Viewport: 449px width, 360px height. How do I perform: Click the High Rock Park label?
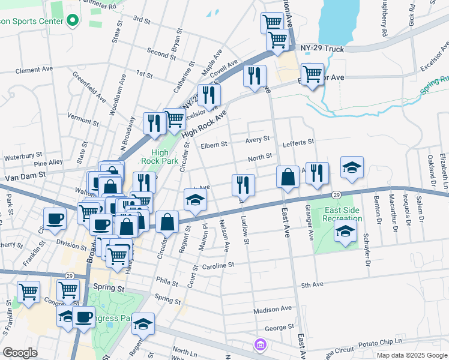(155, 157)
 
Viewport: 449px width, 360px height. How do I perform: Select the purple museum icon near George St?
(259, 344)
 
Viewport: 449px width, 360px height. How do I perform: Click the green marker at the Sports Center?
(73, 21)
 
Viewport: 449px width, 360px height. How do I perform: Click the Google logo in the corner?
(20, 353)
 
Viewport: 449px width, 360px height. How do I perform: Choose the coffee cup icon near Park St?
(55, 218)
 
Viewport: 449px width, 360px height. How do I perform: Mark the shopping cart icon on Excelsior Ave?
(312, 75)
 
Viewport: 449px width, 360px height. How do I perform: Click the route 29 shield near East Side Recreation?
(337, 195)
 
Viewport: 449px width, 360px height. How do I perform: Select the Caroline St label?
(217, 265)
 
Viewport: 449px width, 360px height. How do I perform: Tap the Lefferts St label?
(298, 142)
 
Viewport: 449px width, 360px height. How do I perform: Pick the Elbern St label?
(214, 145)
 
